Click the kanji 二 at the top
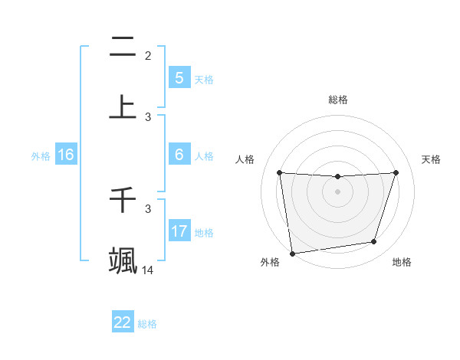click(x=123, y=47)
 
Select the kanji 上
click(x=123, y=107)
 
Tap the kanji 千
click(x=123, y=200)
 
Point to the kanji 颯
click(x=123, y=260)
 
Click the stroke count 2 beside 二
click(x=148, y=55)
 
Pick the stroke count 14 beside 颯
click(x=148, y=270)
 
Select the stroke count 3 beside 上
click(x=148, y=116)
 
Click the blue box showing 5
click(x=179, y=77)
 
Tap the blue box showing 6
click(x=179, y=154)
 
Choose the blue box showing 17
click(x=179, y=231)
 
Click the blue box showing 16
click(x=66, y=155)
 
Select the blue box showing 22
click(x=123, y=322)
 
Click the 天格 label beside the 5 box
click(x=204, y=79)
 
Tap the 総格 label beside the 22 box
click(x=147, y=324)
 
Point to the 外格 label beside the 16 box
click(x=41, y=156)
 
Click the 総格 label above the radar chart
click(x=337, y=100)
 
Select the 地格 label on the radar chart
click(x=402, y=262)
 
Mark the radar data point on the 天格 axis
click(x=396, y=173)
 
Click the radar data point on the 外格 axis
click(x=292, y=253)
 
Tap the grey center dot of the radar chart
click(x=337, y=191)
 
